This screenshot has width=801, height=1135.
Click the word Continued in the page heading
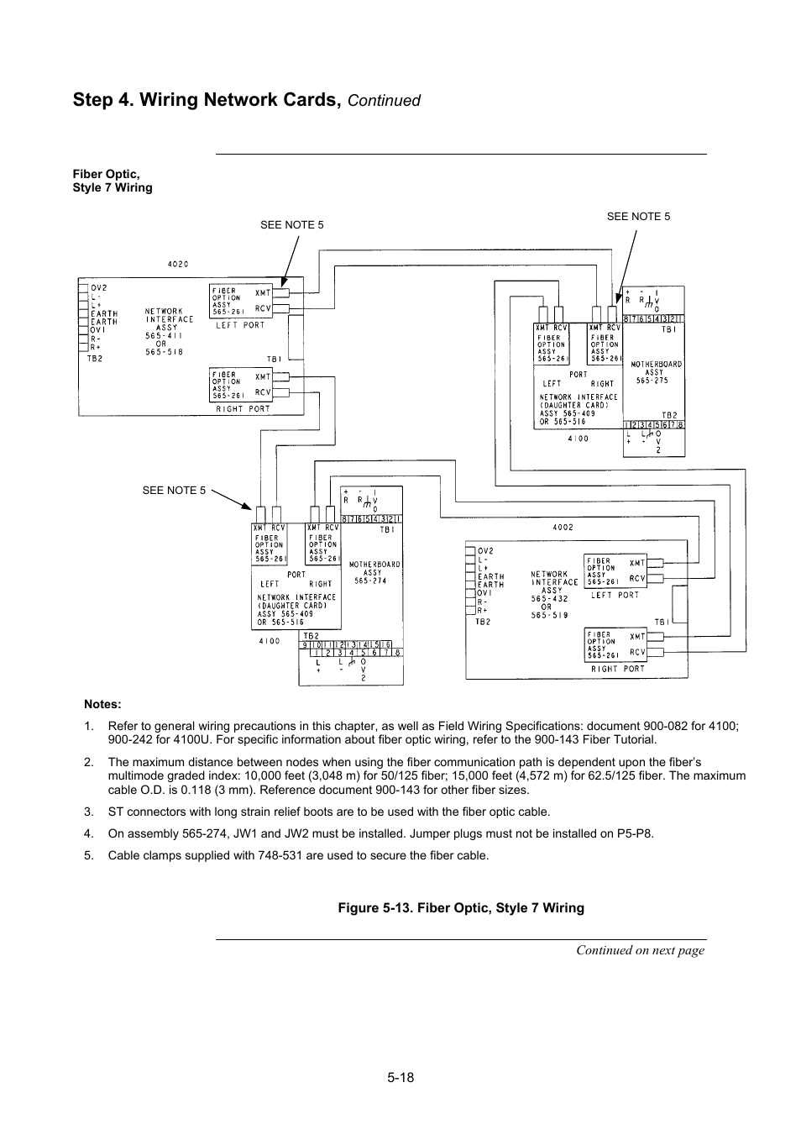tap(384, 101)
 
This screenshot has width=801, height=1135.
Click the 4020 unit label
tap(178, 264)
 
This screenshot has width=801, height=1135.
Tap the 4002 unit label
tap(563, 528)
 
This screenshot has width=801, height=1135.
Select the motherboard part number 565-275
tap(652, 381)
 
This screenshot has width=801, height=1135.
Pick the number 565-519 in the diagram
tap(551, 614)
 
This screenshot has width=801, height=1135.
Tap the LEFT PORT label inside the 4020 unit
tap(240, 325)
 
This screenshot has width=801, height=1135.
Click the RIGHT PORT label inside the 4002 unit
tap(615, 669)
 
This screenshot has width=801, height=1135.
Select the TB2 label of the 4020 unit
tap(95, 358)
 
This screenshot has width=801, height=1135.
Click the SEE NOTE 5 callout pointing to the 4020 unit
tap(291, 225)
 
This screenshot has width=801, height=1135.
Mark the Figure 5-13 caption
tap(461, 908)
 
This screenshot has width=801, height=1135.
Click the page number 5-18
tap(400, 1078)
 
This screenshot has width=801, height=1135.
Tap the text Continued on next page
tap(640, 950)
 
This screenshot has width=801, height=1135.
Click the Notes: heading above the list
tap(102, 705)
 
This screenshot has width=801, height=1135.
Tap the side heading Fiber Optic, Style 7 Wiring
tap(113, 181)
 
